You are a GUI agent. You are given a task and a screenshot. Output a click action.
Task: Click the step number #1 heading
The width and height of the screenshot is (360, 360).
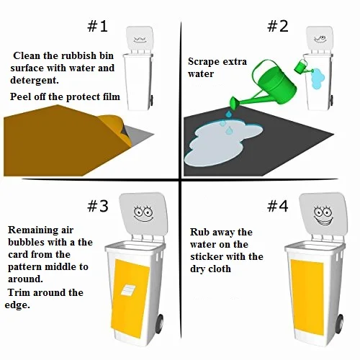(x=98, y=27)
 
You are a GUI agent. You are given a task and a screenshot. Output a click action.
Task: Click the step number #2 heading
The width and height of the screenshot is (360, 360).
(x=277, y=27)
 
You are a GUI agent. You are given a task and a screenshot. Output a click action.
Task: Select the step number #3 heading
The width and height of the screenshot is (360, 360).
(x=98, y=206)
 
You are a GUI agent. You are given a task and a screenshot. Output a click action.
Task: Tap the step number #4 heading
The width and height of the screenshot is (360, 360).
(x=277, y=206)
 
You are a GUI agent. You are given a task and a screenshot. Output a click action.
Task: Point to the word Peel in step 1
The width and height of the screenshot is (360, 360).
(x=23, y=96)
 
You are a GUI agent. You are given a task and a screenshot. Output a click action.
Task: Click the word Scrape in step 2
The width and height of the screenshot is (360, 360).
(x=204, y=62)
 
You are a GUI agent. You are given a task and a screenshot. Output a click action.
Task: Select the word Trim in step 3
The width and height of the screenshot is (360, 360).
(x=22, y=292)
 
